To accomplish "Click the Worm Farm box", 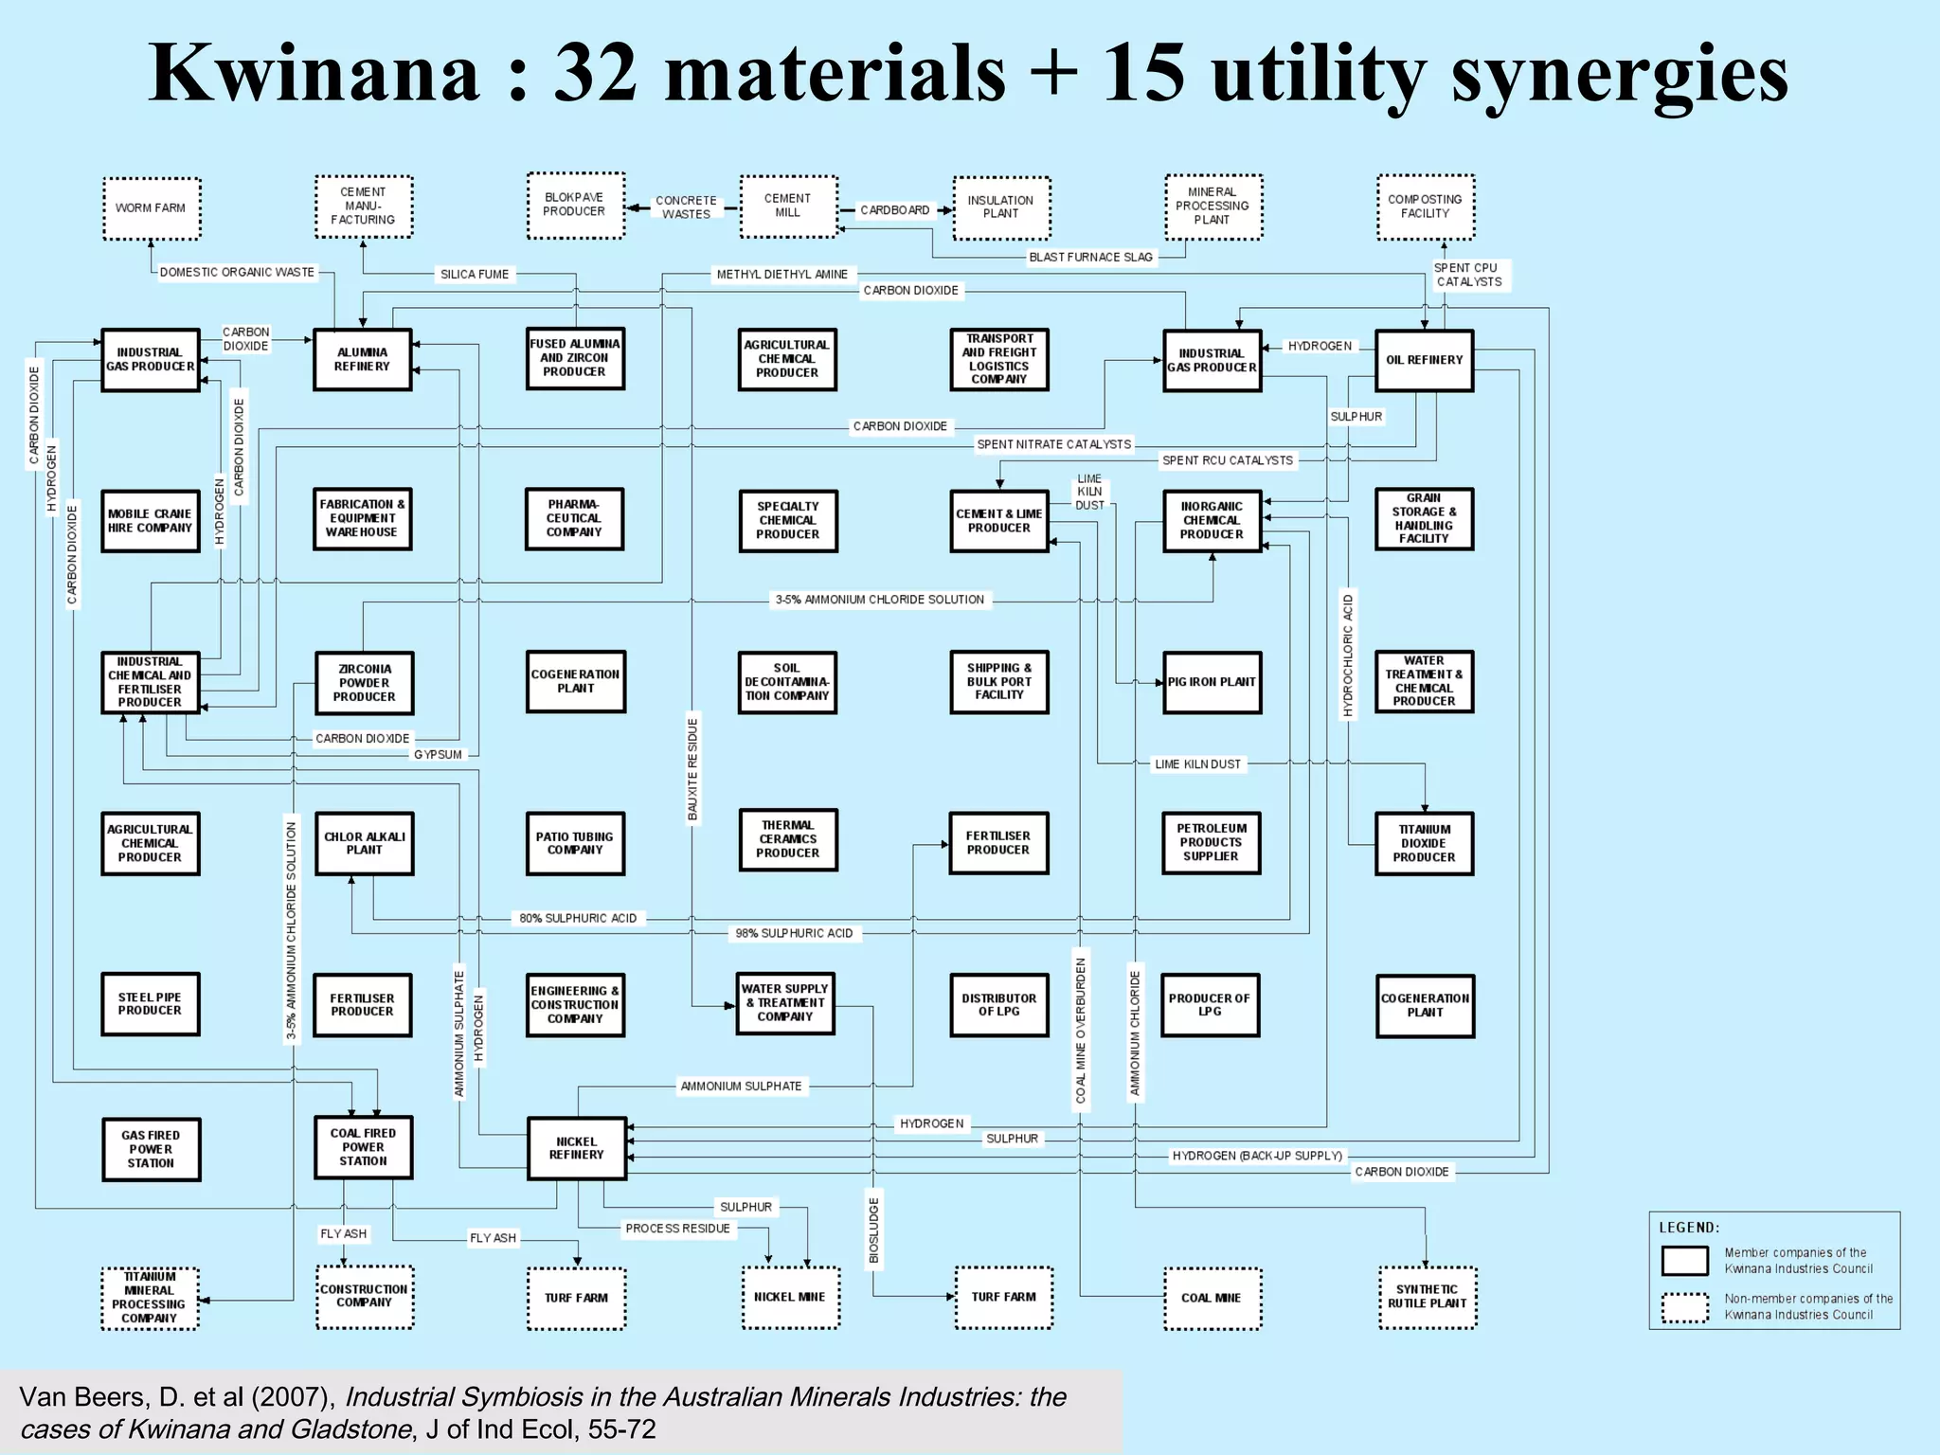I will pos(151,208).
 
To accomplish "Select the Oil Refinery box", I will pos(1424,360).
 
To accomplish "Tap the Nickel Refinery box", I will pos(576,1148).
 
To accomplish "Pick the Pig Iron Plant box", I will pos(1212,682).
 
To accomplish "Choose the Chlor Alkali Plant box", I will pos(364,843).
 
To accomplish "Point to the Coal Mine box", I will pos(1212,1298).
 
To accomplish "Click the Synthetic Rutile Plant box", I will pos(1427,1297).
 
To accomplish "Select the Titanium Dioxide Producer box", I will pos(1424,843).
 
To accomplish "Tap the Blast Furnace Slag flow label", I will pos(1090,257).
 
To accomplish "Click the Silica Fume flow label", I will pos(475,275).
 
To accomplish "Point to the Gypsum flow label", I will pos(438,755).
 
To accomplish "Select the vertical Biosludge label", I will pos(874,1230).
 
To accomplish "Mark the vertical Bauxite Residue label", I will pos(692,769).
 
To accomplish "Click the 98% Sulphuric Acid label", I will pos(794,933).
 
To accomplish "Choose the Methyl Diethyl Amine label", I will pos(781,275).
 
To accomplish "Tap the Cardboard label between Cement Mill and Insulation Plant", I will pos(895,210).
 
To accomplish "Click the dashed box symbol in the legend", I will pos(1685,1307).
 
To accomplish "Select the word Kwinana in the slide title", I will pos(314,74).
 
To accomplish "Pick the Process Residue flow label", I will pos(677,1229).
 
